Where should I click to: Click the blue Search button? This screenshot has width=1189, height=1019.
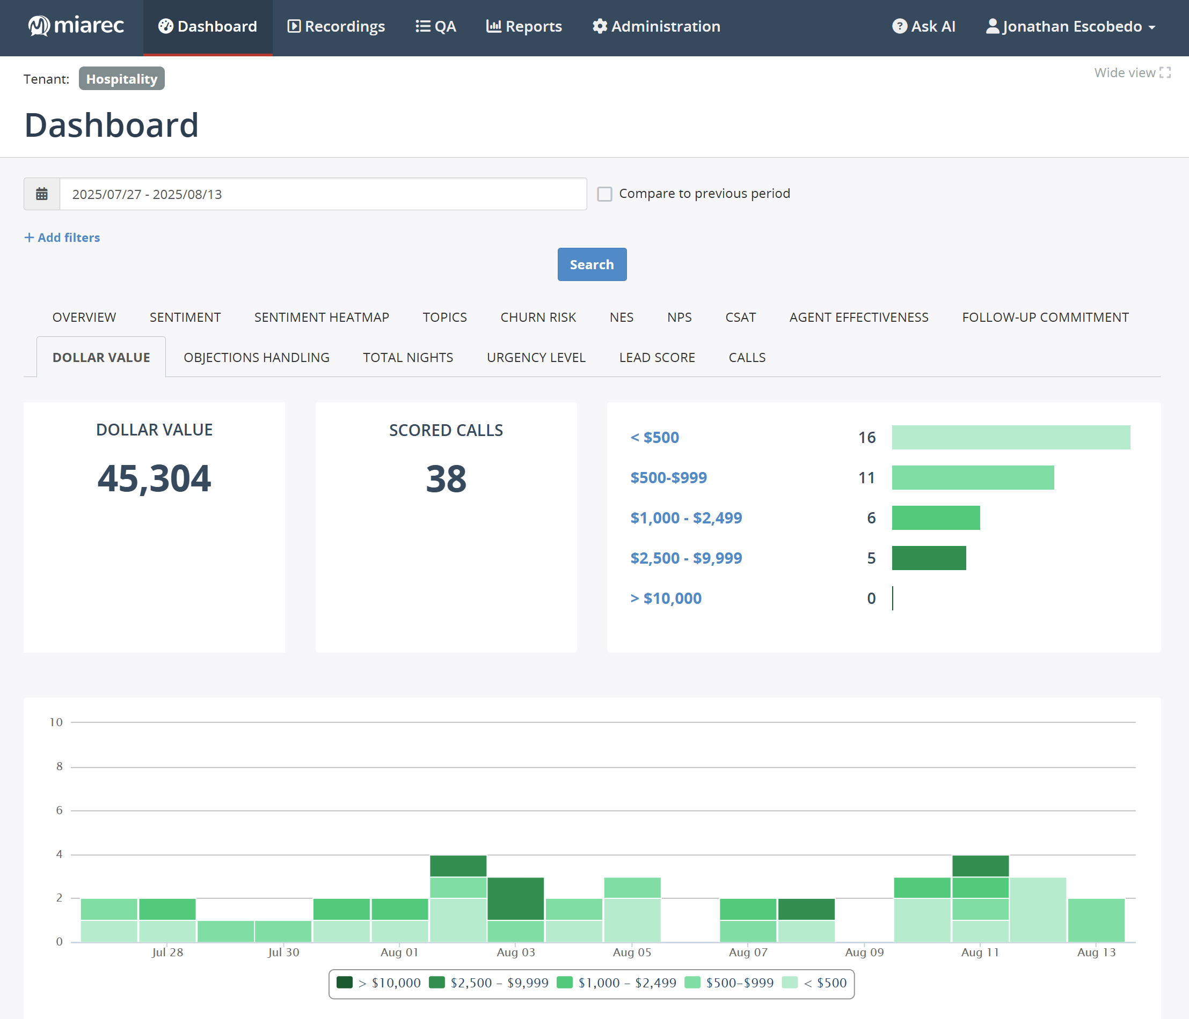[592, 264]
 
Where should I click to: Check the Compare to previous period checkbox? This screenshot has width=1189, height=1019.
[604, 194]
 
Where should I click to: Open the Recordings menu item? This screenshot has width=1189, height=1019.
[336, 26]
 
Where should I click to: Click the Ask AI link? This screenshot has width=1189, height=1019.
[923, 26]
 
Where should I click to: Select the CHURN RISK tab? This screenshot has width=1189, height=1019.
[538, 317]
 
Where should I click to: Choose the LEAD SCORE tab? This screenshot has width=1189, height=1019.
[656, 357]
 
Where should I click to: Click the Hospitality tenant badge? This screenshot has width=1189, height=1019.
[122, 78]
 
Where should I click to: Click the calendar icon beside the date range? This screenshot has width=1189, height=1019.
[42, 194]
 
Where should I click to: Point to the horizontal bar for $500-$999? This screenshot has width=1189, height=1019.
[973, 478]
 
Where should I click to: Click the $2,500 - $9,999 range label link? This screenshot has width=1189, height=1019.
[685, 558]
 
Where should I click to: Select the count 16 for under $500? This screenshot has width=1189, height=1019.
[866, 438]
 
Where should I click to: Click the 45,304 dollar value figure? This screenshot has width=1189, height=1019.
[155, 478]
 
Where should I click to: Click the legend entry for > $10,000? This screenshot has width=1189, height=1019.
[380, 983]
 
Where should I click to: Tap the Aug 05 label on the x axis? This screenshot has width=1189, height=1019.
[632, 952]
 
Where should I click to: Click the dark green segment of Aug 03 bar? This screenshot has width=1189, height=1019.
[515, 898]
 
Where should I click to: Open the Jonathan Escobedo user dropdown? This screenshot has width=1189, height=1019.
[1070, 26]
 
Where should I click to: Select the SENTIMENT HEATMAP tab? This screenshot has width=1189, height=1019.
[322, 317]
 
